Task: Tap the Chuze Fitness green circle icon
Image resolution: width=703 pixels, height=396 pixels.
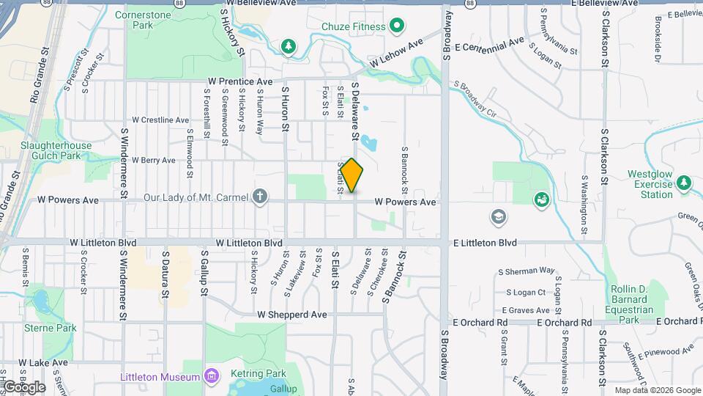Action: click(398, 27)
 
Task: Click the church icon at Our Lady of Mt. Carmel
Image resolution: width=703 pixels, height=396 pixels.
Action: click(259, 197)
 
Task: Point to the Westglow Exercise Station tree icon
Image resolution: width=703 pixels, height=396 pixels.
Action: click(684, 183)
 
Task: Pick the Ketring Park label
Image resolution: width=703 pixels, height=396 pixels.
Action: click(266, 373)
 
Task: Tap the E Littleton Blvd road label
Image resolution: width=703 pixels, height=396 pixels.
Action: click(485, 243)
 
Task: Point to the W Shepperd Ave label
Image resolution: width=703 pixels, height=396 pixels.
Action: click(291, 314)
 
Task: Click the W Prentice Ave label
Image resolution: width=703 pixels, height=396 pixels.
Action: click(239, 81)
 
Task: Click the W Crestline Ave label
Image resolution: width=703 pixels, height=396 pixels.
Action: click(160, 120)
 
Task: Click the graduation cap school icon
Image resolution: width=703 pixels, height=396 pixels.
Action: click(498, 216)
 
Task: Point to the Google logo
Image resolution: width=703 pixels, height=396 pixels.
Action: click(23, 386)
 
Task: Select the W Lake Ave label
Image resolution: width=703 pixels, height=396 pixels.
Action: click(43, 362)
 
